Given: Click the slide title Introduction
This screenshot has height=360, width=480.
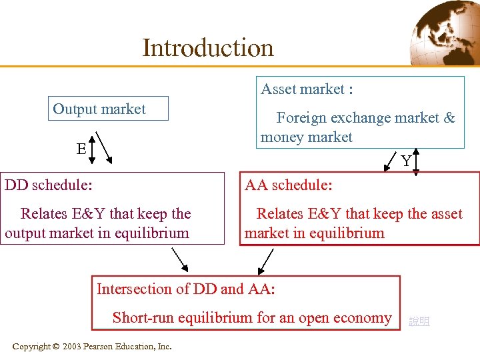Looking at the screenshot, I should coord(207,48).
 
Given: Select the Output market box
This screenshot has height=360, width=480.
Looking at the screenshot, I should coord(107,109).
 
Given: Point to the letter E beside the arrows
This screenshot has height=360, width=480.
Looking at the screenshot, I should coord(81,149).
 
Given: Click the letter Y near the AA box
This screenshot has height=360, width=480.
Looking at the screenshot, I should coord(405,161).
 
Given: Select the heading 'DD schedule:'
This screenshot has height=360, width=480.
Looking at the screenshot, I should coord(49,185).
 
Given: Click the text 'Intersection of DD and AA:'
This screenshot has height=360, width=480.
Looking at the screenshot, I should coord(186,289).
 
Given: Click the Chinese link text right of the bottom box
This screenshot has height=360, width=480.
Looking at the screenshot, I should coord(419,321).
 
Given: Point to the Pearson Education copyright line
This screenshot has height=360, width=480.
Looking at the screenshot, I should coord(92,346).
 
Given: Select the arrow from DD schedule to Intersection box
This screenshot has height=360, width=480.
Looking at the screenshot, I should coord(180,260).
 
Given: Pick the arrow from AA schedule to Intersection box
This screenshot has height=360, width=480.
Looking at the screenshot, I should coord(266,261).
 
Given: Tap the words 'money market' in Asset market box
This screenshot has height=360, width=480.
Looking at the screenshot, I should coord(307,137).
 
